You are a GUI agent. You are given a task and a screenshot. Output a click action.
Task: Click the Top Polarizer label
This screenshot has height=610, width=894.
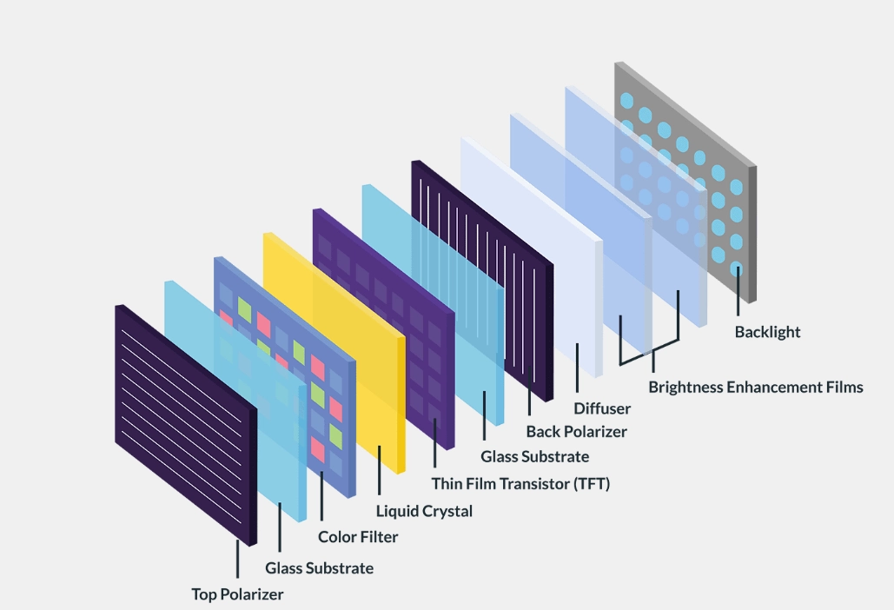tap(237, 594)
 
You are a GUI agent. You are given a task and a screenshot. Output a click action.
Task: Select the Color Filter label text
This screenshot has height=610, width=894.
tap(358, 537)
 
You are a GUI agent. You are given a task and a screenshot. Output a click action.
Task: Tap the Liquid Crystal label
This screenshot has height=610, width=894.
tap(424, 511)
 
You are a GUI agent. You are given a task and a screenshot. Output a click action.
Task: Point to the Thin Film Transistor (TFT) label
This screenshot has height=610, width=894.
tap(520, 484)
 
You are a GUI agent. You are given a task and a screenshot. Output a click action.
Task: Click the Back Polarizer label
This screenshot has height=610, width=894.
tap(576, 431)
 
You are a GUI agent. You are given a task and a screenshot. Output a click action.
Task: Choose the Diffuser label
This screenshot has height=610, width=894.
tap(602, 408)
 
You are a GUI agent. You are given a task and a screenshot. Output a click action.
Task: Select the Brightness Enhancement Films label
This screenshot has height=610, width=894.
tap(756, 387)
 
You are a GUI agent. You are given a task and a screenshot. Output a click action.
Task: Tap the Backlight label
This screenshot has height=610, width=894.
tap(767, 332)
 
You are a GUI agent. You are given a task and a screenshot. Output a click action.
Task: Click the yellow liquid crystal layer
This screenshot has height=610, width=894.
tap(348, 348)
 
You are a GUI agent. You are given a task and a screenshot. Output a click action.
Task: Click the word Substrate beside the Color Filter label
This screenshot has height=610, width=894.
tap(341, 568)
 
